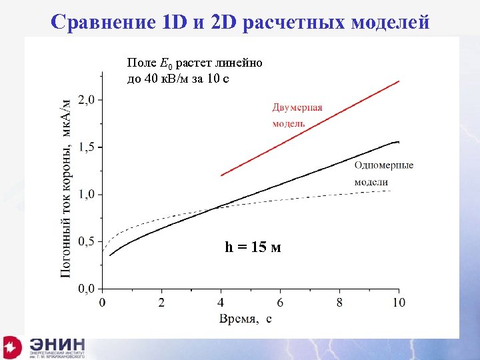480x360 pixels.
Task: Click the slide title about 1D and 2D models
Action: [x=240, y=22]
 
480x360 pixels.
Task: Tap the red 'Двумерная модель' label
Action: [x=297, y=115]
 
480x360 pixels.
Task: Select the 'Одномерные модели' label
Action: [x=383, y=173]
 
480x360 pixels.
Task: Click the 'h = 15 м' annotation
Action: [x=253, y=247]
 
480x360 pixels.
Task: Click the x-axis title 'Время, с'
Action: [x=245, y=319]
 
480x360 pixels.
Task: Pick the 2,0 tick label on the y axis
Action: [x=90, y=100]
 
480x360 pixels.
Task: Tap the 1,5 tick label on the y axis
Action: [x=90, y=147]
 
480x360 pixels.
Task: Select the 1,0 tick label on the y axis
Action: [x=90, y=195]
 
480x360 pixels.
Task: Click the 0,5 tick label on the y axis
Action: [x=90, y=242]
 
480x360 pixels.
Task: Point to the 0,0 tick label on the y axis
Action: [x=90, y=289]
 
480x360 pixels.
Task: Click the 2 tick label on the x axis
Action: [x=161, y=303]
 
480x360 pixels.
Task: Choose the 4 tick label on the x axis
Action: [x=221, y=303]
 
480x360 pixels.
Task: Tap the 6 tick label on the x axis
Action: [x=280, y=303]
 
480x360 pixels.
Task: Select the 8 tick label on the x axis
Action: [x=339, y=303]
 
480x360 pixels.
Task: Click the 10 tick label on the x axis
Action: [x=398, y=303]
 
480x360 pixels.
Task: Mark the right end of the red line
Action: [x=399, y=81]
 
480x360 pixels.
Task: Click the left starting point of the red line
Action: [x=221, y=175]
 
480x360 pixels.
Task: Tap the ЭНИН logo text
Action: [x=57, y=345]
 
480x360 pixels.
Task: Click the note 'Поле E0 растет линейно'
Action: [x=195, y=63]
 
